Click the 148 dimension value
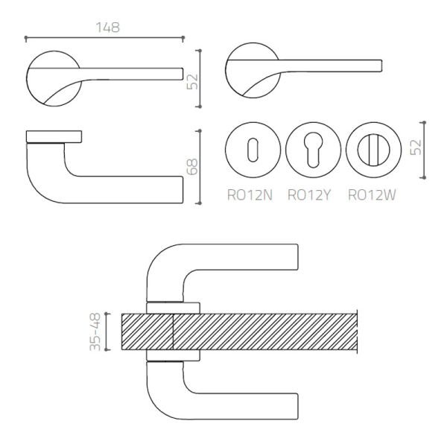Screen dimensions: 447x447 point(108,28)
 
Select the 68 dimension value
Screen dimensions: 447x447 point(192,167)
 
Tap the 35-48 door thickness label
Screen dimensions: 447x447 point(95,332)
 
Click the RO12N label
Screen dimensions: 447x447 point(250,195)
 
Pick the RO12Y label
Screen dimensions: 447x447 point(309,195)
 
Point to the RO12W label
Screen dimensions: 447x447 point(372,195)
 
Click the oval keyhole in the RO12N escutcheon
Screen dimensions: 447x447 point(253,150)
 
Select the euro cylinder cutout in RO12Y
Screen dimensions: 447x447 point(313,150)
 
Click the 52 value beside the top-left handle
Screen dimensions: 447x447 point(192,81)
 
